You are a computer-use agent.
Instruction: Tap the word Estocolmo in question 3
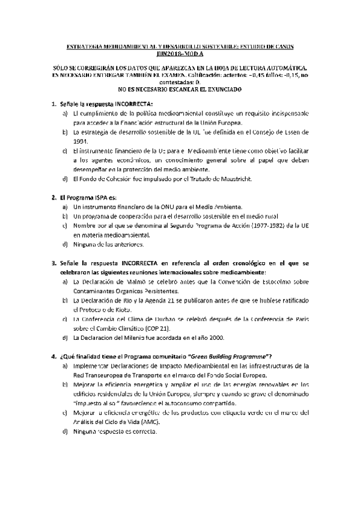(x=279, y=281)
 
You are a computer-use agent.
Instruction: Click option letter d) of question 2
(x=65, y=244)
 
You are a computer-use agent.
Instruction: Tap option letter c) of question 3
(x=65, y=319)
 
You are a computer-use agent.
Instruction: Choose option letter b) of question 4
(x=65, y=383)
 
